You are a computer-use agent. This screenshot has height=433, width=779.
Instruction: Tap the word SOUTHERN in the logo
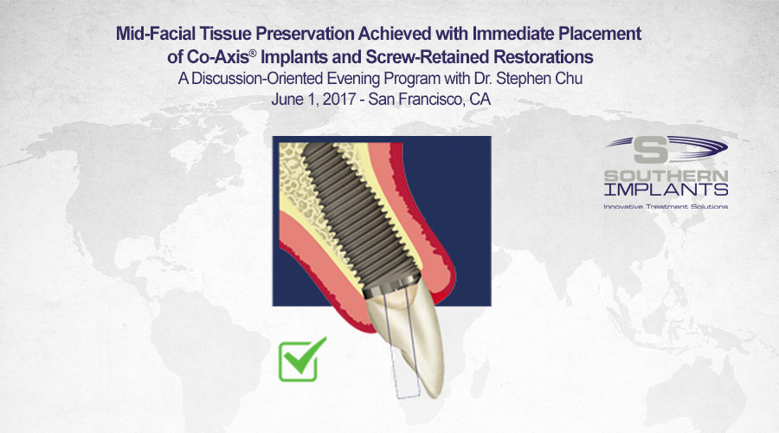pos(666,176)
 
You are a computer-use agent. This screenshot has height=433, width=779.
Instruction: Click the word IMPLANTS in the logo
pos(666,190)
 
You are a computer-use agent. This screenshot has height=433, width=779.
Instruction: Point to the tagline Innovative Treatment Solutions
pos(666,206)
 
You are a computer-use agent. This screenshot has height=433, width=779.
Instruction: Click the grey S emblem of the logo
pos(651,150)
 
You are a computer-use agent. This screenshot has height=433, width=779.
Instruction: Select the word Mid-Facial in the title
pos(156,34)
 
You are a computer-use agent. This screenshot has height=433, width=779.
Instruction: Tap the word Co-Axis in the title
pos(217,57)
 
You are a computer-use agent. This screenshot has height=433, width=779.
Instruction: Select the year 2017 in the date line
pos(338,100)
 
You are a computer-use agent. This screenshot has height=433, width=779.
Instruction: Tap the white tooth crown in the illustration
pos(412,333)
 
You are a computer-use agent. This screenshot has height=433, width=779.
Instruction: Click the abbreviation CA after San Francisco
pos(480,100)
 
